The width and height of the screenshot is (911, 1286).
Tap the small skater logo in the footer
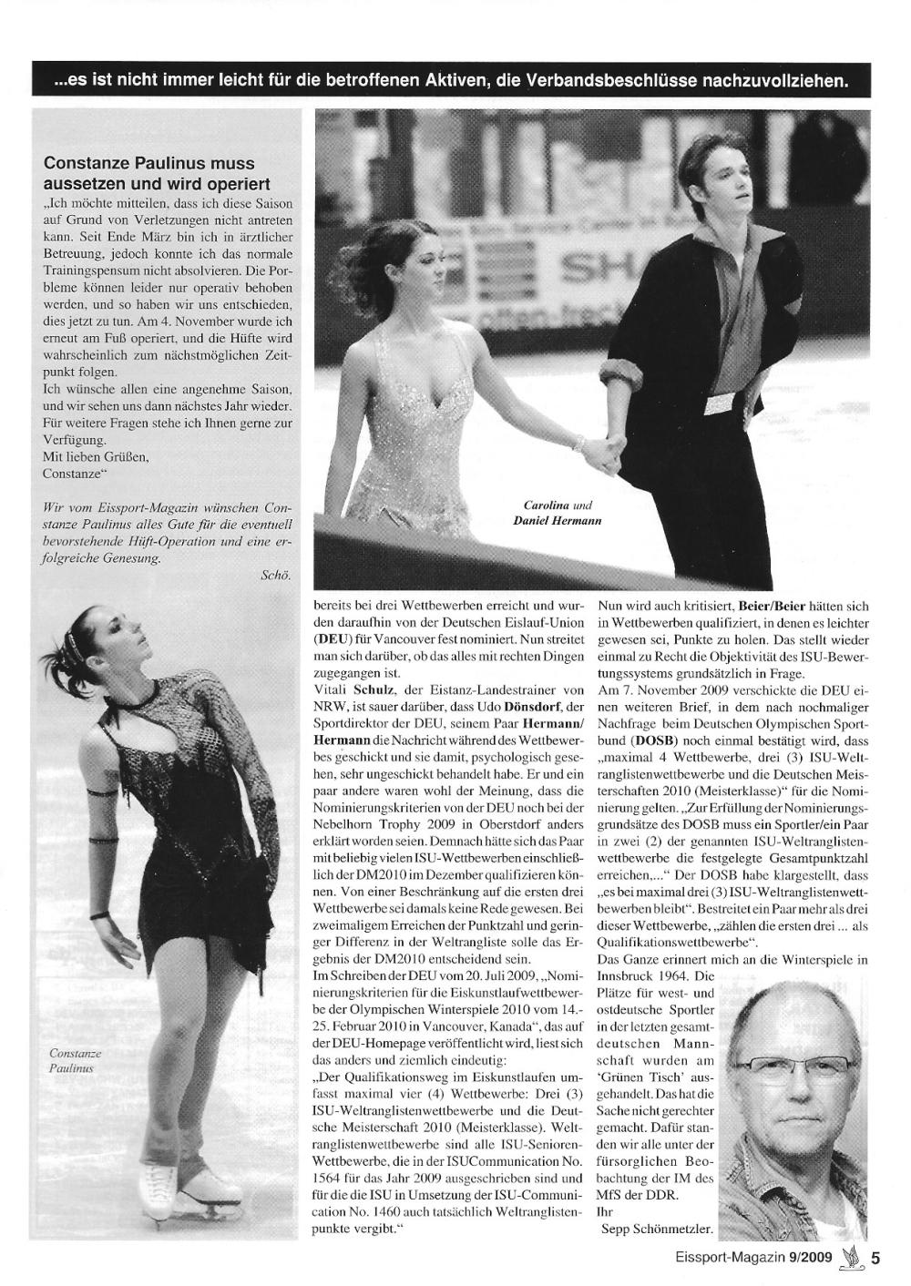pos(852,1257)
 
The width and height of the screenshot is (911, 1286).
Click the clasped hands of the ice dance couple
pos(605,448)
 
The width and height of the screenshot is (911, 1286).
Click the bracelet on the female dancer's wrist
pos(578,443)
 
